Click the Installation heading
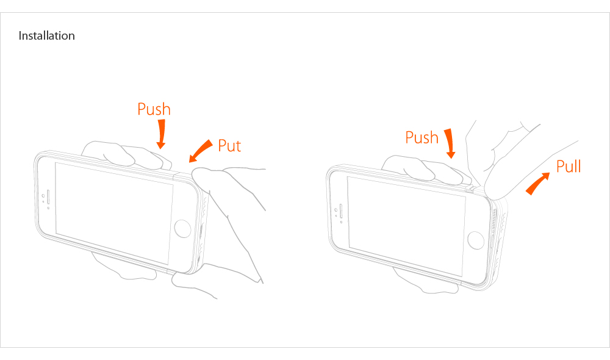tap(47, 36)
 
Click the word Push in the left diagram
tap(154, 109)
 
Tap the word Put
tap(229, 146)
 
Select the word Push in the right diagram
tap(422, 137)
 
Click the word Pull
tap(569, 166)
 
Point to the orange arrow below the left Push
tap(161, 134)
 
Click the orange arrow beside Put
tap(201, 151)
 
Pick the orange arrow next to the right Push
tap(450, 143)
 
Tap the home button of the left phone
tap(182, 228)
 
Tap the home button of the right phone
tap(475, 240)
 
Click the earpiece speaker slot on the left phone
tap(48, 197)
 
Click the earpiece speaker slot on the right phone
tap(341, 211)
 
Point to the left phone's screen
tap(114, 214)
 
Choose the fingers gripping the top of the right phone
tap(426, 169)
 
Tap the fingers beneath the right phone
tap(426, 280)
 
